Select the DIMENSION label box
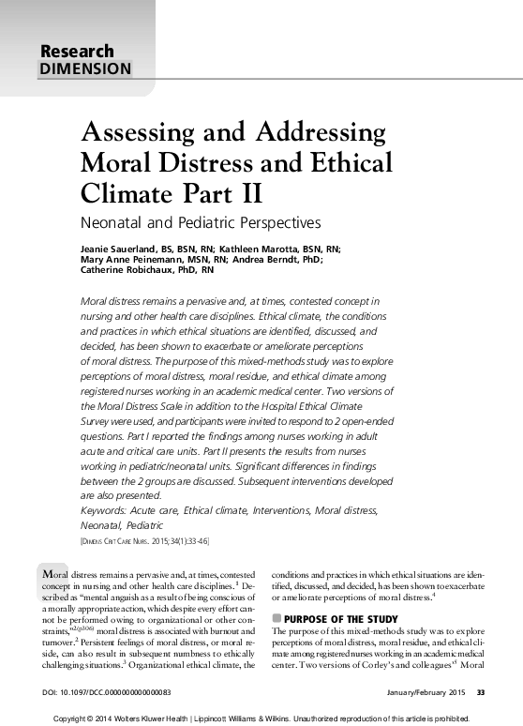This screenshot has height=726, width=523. [x=85, y=68]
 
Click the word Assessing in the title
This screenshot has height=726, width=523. [x=143, y=132]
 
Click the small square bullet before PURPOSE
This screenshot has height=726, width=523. [x=276, y=619]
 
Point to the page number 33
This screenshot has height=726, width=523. [x=481, y=693]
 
